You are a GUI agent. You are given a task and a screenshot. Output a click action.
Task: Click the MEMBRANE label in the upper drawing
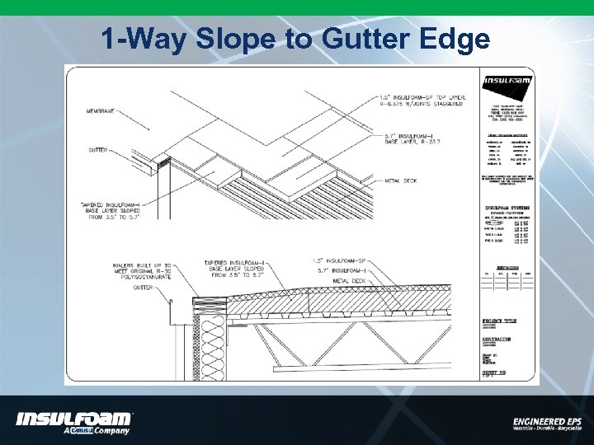[x=101, y=110]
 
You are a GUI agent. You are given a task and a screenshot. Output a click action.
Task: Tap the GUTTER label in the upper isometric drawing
[x=98, y=150]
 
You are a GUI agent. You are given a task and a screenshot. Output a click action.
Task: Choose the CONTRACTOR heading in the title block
[x=498, y=338]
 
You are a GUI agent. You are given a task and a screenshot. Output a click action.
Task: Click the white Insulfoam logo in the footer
[x=73, y=419]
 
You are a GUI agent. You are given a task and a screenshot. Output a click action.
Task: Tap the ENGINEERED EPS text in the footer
[x=546, y=420]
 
